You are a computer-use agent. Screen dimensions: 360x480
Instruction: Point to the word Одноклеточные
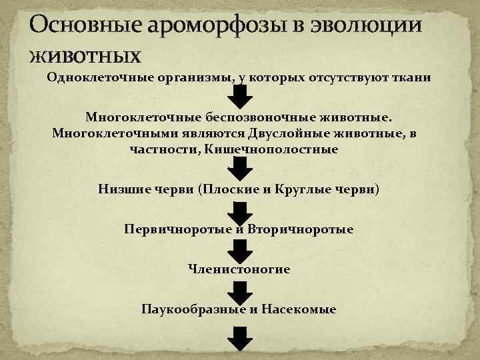click(x=91, y=78)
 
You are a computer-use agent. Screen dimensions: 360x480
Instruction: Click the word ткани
click(x=413, y=78)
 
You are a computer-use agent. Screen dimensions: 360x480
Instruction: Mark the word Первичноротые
click(x=175, y=229)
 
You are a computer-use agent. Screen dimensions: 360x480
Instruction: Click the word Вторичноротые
click(x=301, y=229)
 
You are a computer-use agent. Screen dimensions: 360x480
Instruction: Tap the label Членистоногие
click(x=239, y=269)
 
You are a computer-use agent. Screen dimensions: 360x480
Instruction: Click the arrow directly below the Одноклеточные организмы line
click(x=241, y=97)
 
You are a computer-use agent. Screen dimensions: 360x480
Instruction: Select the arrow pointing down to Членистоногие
click(x=241, y=251)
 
